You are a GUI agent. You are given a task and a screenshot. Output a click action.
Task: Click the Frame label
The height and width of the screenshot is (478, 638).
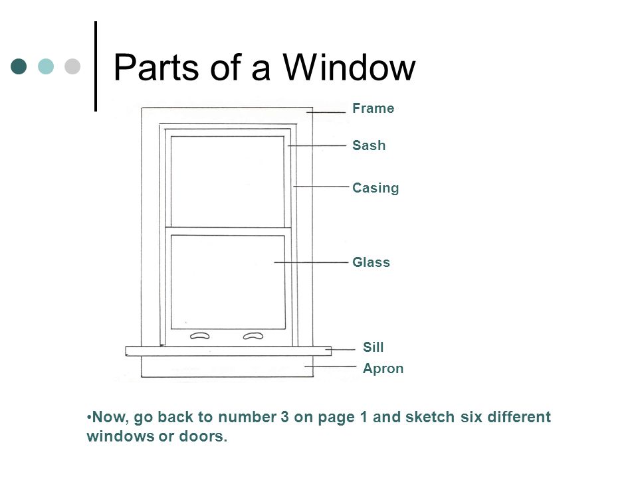(x=373, y=109)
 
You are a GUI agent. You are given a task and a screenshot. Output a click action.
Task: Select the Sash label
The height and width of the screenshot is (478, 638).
(x=370, y=145)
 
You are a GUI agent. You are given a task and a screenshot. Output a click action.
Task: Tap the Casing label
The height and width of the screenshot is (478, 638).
(x=375, y=188)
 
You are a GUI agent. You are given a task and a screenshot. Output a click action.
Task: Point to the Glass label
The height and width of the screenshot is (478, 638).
(x=372, y=263)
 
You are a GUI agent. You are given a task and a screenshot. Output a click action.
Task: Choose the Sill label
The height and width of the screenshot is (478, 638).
(x=374, y=347)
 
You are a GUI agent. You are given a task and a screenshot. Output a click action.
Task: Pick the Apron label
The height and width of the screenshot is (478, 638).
(x=383, y=368)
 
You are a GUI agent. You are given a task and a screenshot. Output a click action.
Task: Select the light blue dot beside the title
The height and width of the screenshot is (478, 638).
(x=45, y=66)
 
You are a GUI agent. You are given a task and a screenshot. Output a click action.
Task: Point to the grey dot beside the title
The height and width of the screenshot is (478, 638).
(x=71, y=66)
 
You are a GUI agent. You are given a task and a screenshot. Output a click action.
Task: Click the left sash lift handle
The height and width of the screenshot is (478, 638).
(x=200, y=336)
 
